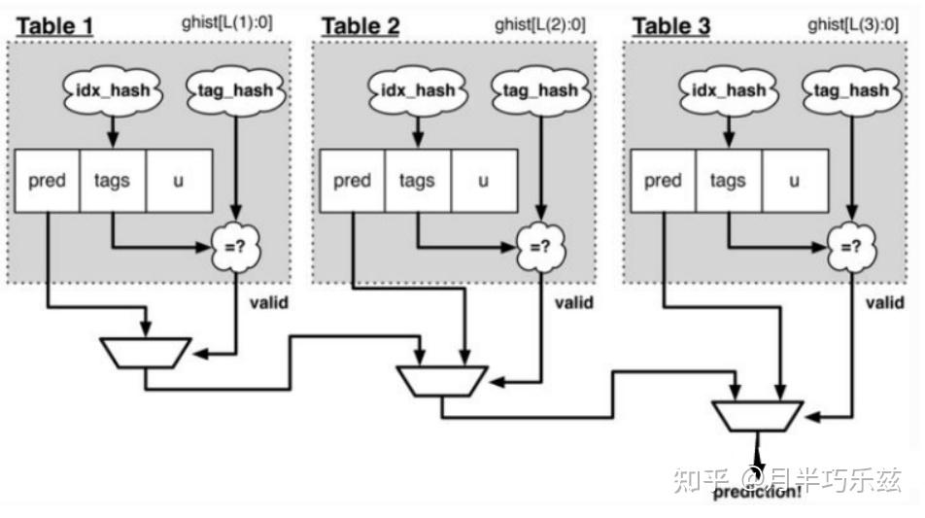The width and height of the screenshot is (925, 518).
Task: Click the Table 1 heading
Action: (53, 25)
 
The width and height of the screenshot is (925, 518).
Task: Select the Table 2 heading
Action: (360, 25)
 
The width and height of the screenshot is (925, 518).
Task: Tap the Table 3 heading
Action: (671, 25)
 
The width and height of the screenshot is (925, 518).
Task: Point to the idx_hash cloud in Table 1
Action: (113, 90)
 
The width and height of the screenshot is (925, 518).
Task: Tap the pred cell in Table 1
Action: (47, 181)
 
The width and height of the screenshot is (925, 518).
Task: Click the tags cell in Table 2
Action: (416, 181)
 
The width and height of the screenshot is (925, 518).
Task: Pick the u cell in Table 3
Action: (794, 181)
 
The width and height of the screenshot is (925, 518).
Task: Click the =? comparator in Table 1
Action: (233, 247)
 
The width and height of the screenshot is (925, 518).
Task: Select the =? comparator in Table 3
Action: (850, 247)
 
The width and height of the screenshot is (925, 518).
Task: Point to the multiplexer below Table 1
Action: (148, 352)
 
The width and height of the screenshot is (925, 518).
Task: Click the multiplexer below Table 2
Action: (442, 380)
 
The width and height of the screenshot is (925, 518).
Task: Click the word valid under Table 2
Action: (573, 302)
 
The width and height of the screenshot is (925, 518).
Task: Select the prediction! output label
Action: (758, 492)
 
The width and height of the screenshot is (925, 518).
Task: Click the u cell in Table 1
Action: (178, 181)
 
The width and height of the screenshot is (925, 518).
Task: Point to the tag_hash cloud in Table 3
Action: (850, 90)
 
